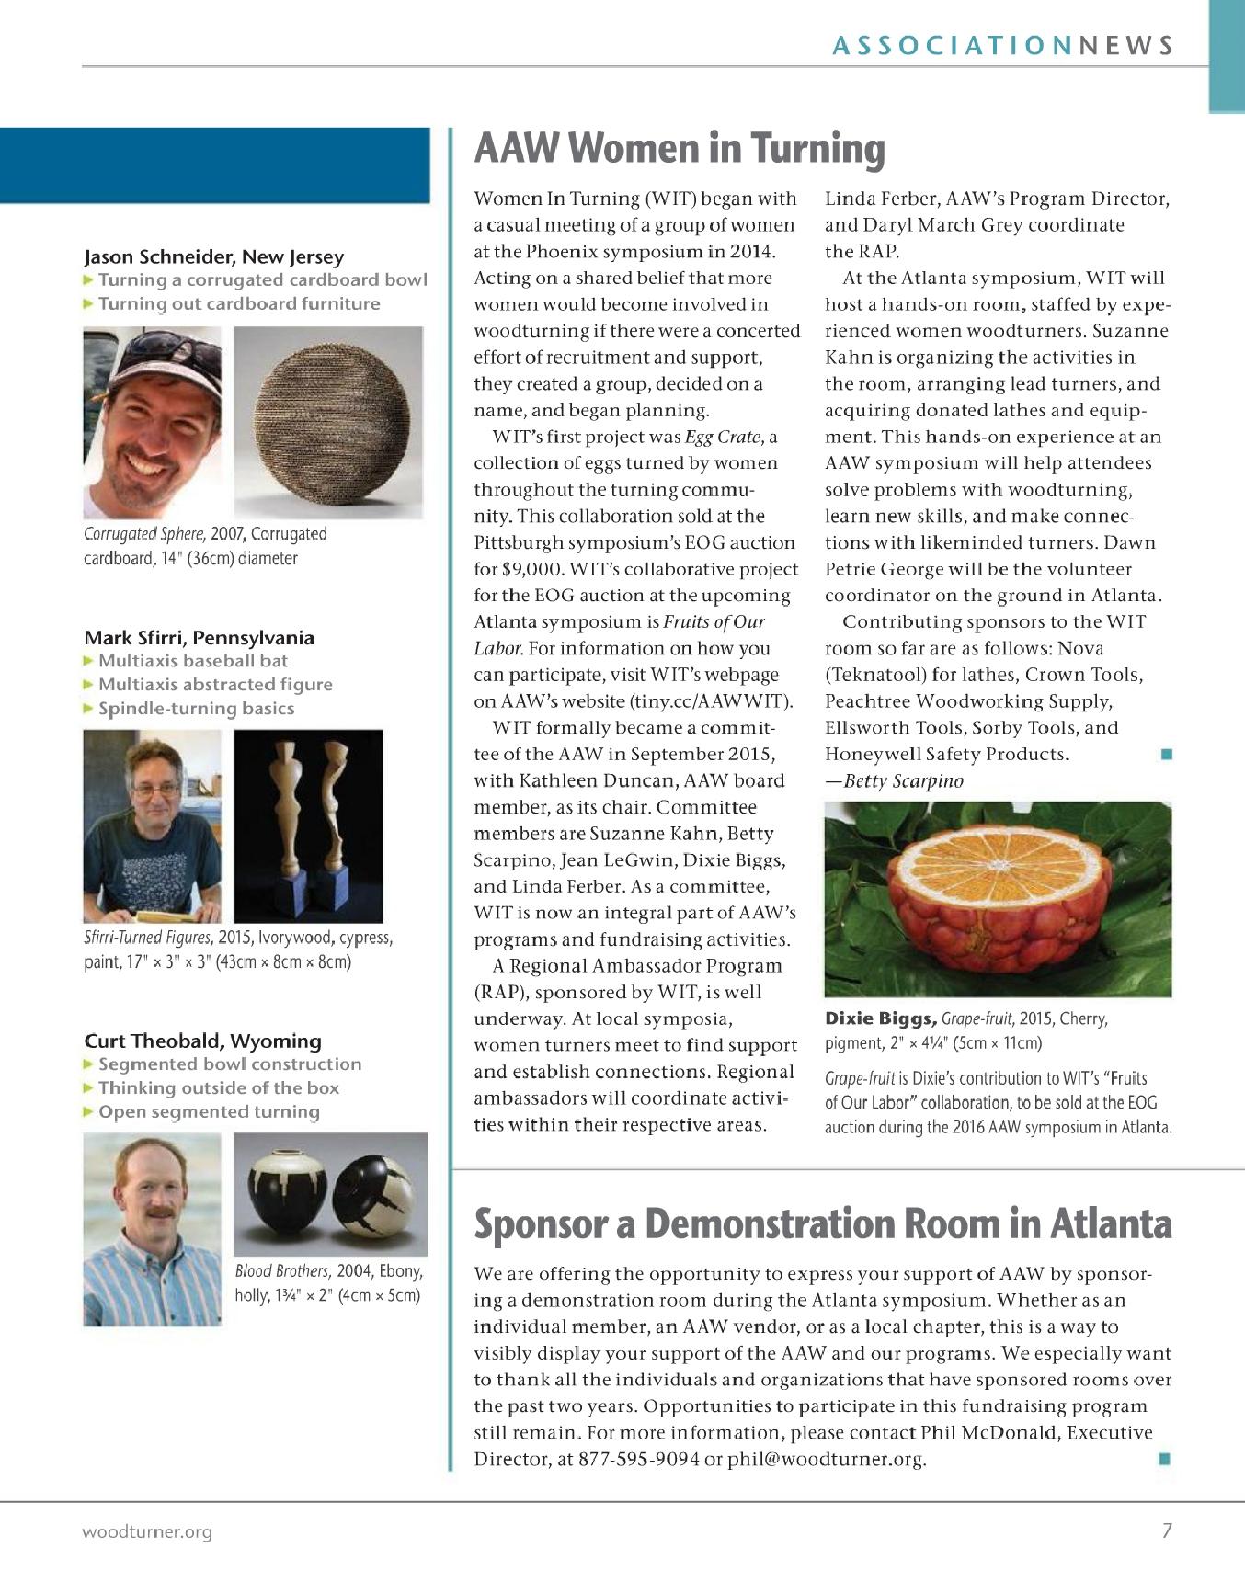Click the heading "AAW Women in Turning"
(680, 149)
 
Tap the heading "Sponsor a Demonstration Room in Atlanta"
(822, 1223)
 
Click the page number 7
(1167, 1530)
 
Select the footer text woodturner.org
(147, 1531)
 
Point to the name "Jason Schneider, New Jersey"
(213, 256)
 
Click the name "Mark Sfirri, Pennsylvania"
(199, 637)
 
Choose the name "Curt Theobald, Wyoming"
(202, 1041)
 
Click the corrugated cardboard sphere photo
(328, 422)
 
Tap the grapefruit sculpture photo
(998, 898)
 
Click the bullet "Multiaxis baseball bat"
(193, 661)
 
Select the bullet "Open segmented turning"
(209, 1112)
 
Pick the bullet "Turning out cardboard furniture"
(239, 304)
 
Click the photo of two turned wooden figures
(308, 825)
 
